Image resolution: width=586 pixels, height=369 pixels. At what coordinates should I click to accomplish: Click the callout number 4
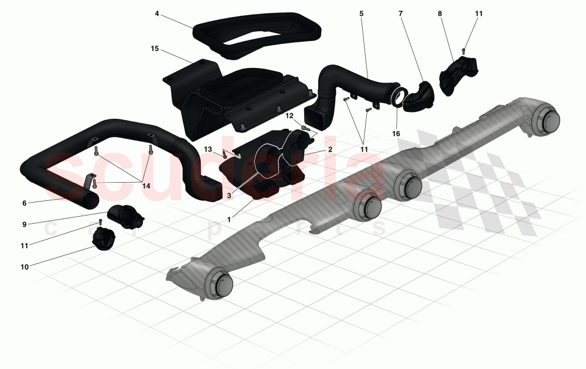point(157,14)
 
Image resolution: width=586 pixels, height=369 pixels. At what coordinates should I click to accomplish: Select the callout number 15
point(155,49)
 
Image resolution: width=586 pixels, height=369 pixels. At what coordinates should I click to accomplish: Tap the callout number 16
point(396,134)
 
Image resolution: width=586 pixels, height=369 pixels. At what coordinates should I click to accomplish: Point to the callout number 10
point(25,267)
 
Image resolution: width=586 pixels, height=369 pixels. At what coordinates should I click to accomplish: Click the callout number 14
point(146,186)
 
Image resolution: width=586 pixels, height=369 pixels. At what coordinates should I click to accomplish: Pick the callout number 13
point(208,149)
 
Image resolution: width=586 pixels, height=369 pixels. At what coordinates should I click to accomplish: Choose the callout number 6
point(25,203)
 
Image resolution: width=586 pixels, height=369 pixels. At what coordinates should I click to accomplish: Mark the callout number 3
point(229,195)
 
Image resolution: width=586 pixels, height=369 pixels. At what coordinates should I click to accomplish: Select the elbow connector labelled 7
point(417,97)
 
